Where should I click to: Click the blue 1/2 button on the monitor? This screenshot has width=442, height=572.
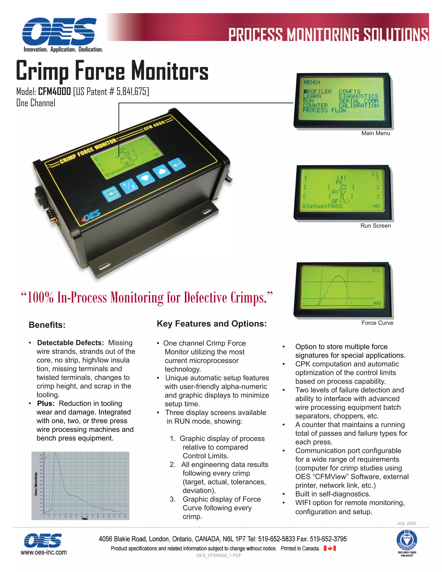(x=129, y=185)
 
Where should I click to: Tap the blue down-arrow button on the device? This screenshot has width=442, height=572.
(x=145, y=178)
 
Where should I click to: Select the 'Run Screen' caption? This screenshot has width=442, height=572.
(x=376, y=226)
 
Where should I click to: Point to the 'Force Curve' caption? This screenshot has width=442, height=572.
(x=377, y=323)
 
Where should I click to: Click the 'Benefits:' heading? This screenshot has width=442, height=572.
(x=47, y=325)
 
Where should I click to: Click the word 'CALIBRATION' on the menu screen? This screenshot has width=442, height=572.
(x=358, y=106)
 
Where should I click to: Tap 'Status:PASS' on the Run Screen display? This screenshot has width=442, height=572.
(x=322, y=206)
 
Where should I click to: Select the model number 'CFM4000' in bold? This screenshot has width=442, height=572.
(x=54, y=92)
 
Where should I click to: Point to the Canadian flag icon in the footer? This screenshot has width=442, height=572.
(x=330, y=548)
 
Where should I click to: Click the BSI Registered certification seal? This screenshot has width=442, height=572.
(x=407, y=540)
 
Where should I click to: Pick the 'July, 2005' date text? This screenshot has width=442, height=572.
(x=406, y=523)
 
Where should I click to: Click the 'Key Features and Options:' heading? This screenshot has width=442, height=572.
(x=212, y=324)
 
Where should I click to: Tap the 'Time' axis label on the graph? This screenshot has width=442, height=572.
(x=85, y=518)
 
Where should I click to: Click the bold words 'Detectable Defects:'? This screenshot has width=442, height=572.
(x=70, y=343)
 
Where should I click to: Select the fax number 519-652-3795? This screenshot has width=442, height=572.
(x=328, y=539)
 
